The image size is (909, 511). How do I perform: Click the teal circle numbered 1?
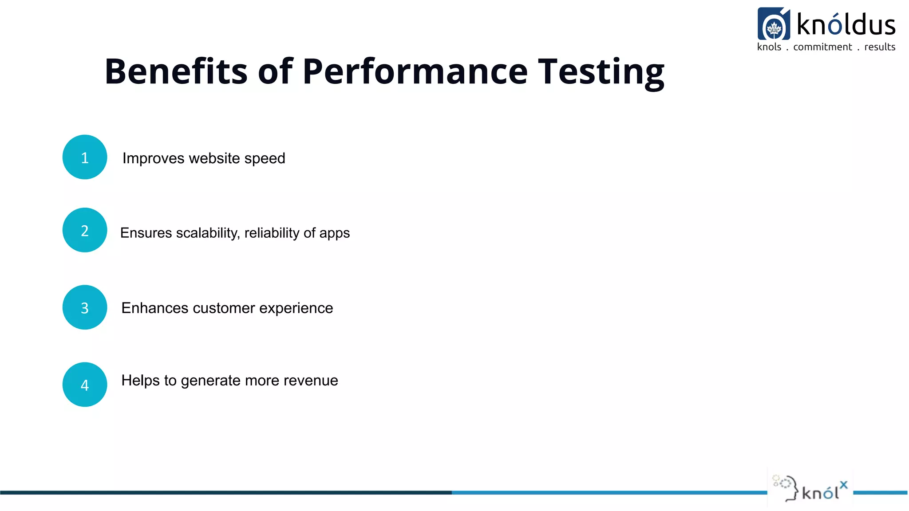tap(85, 157)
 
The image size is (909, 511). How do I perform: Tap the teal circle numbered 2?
tap(85, 230)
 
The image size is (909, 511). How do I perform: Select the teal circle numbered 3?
tap(85, 307)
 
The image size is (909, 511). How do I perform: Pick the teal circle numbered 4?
tap(85, 385)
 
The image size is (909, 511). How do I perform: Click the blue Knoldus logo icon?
tap(774, 24)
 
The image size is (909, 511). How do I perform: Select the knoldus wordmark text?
tap(846, 25)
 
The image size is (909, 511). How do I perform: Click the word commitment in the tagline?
tap(822, 47)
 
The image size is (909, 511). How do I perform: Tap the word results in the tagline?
tap(880, 47)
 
